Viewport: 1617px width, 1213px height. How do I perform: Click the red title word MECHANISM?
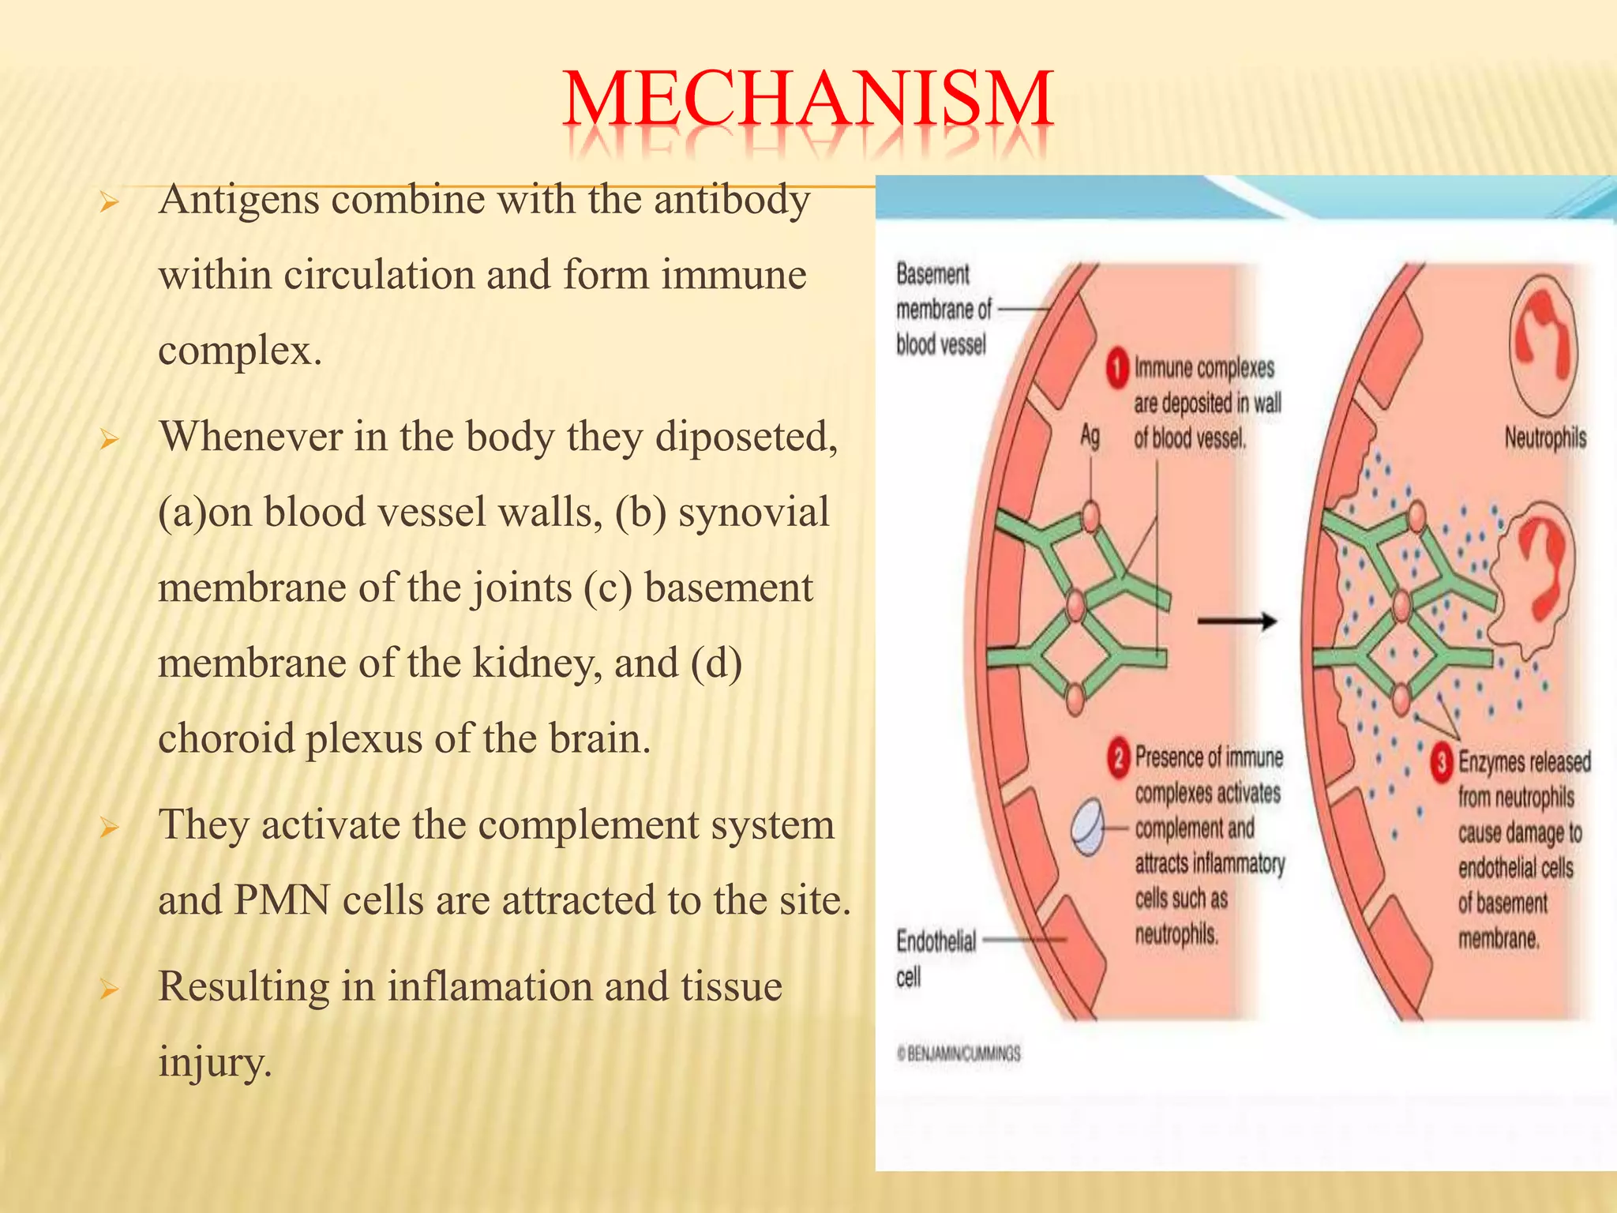point(807,100)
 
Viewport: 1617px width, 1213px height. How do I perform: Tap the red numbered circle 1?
point(1117,370)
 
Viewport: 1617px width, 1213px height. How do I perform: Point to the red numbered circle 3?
point(1442,764)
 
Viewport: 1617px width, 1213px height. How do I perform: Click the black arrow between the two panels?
point(1236,622)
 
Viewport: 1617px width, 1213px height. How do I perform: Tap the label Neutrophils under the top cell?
point(1544,438)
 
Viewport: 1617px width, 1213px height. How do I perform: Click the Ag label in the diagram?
point(1090,435)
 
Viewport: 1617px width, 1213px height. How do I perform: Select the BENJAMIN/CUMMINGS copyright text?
point(959,1053)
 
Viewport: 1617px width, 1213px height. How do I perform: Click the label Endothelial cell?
point(936,957)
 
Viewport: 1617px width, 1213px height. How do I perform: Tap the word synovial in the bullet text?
point(753,512)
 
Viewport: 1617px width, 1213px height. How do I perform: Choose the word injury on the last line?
point(214,1061)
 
